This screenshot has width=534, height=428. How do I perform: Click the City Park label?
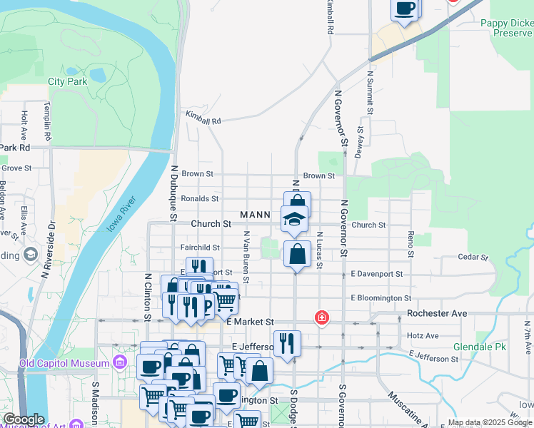pos(67,82)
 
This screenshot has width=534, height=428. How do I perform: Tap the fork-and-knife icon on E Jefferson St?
pos(287,343)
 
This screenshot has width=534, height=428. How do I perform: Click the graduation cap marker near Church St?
pos(294,220)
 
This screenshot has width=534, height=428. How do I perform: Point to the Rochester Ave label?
pos(436,313)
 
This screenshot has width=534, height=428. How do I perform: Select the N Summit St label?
pos(371,92)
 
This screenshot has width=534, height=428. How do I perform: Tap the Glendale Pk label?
pos(479,347)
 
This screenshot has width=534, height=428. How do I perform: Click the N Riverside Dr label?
pos(49,249)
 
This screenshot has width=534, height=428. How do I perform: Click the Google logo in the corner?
pos(24,419)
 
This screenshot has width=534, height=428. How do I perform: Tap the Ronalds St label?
pos(200,198)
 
